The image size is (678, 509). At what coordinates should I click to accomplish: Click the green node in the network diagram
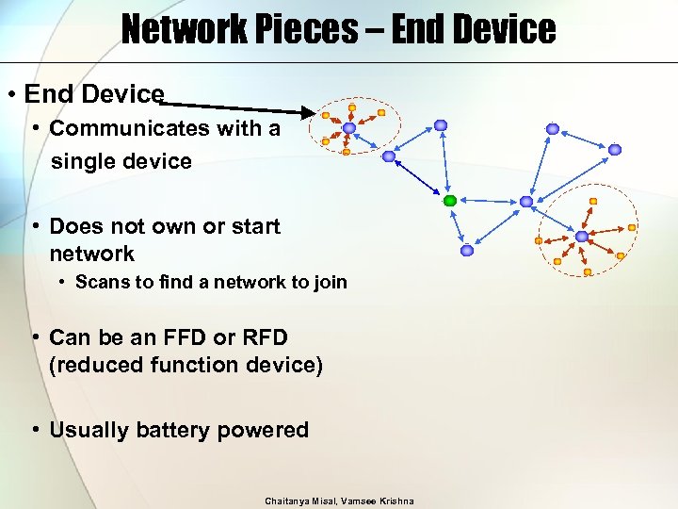point(450,201)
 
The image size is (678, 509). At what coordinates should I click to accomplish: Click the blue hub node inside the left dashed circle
point(349,127)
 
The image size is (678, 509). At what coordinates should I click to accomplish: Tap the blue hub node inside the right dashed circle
point(582,236)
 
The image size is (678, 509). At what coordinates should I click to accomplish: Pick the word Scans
point(100,282)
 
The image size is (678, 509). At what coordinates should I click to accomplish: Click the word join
point(329,282)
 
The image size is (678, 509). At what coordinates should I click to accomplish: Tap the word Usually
point(89,430)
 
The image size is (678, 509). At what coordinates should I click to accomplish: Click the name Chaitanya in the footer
point(287,501)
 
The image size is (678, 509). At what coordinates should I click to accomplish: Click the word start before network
point(253,226)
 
